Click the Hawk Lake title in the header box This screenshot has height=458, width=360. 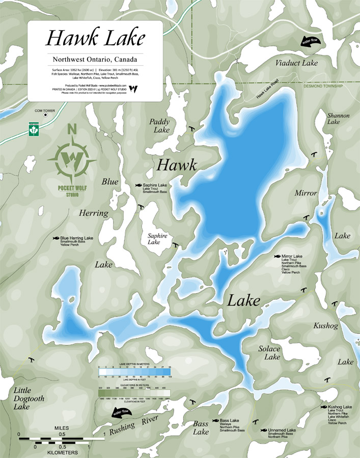[95, 38]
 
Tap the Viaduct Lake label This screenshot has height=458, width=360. [296, 63]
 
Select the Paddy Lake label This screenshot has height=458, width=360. [159, 126]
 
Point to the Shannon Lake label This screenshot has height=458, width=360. [339, 119]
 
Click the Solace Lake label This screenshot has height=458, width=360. [269, 353]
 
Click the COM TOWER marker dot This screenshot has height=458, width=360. [46, 115]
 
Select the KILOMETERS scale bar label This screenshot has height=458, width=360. [61, 452]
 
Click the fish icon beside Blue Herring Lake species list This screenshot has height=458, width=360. [56, 238]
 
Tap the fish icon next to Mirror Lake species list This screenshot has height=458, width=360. [277, 256]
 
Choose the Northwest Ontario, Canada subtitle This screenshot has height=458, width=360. [95, 59]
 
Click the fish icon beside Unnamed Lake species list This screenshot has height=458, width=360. [263, 431]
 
